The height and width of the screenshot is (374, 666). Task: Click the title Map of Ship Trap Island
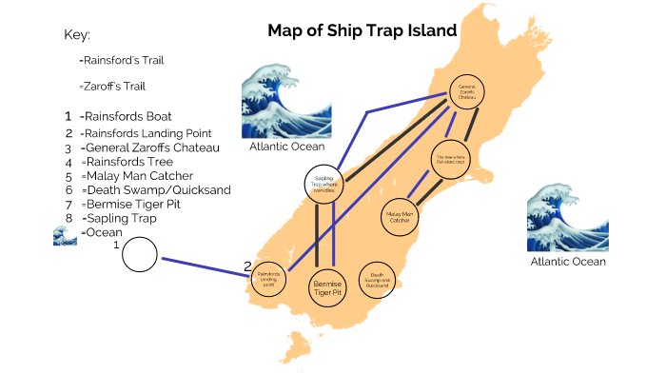tap(362, 30)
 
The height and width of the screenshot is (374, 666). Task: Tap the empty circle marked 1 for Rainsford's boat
tap(140, 254)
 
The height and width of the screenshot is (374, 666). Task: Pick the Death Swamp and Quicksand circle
tap(378, 280)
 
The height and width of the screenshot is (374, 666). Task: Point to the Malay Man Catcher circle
tap(400, 218)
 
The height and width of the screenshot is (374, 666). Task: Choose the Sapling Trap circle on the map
tap(323, 184)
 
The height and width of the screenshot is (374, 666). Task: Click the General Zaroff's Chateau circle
tap(469, 91)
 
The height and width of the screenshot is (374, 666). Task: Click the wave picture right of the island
tap(567, 220)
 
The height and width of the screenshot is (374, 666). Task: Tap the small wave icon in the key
tap(66, 234)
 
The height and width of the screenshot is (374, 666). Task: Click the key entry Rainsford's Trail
tap(123, 60)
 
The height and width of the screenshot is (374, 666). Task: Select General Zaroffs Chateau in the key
tap(151, 148)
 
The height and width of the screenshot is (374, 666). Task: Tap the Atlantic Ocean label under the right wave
tap(568, 262)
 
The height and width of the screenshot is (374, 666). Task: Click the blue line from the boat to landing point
tap(204, 266)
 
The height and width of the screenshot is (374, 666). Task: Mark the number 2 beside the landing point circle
tap(247, 266)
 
